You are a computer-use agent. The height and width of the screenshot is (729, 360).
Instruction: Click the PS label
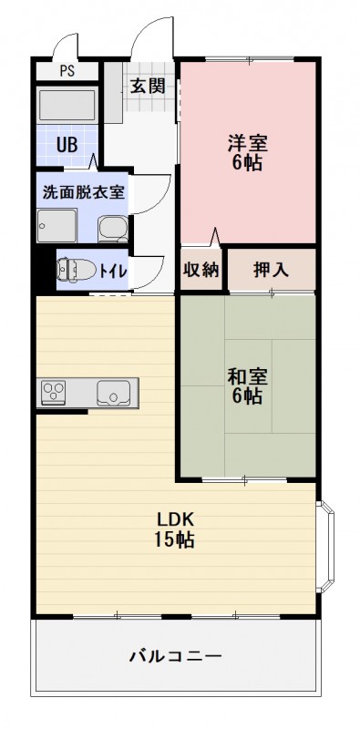coord(67,70)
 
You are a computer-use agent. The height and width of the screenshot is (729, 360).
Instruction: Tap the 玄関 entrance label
coord(147,87)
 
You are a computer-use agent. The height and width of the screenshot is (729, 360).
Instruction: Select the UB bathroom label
coord(67,143)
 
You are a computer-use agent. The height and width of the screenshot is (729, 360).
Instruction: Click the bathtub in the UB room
coord(67,105)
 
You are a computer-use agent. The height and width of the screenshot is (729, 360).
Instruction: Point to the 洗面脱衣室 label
coord(84,192)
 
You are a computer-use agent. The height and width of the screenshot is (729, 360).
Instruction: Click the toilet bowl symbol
coord(71,269)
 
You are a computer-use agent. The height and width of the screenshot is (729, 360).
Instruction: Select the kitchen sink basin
coord(115,395)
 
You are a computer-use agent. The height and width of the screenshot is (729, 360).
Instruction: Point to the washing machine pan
coord(57,225)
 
